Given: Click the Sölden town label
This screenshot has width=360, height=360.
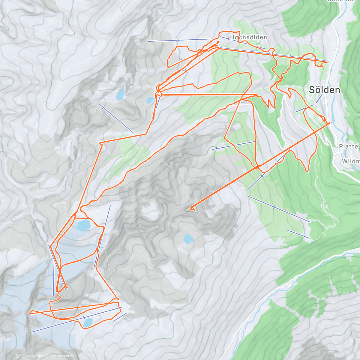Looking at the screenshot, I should pyautogui.click(x=325, y=90).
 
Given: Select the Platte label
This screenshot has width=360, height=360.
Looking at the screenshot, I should pyautogui.click(x=349, y=146).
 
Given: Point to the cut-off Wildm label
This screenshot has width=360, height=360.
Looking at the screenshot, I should pyautogui.click(x=350, y=161).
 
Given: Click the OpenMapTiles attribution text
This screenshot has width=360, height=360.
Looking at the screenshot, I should pyautogui.click(x=31, y=356).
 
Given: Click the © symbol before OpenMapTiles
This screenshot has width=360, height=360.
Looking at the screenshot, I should pyautogui.click(x=17, y=356).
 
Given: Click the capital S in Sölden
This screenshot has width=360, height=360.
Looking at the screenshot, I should pyautogui.click(x=312, y=90).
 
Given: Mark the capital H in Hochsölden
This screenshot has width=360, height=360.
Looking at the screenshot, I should pyautogui.click(x=232, y=37).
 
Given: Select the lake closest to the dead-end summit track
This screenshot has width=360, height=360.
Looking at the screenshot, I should pyautogui.click(x=188, y=239).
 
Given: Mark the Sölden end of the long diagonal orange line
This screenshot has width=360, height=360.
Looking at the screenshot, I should pyautogui.click(x=330, y=123).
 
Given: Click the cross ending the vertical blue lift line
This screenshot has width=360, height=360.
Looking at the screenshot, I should pyautogui.click(x=53, y=293).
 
